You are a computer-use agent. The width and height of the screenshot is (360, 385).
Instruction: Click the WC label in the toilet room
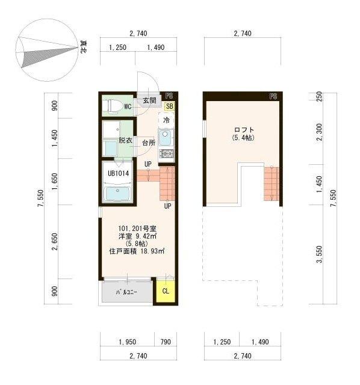coord(128,107)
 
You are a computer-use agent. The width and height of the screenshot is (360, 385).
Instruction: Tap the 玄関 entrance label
coord(150,100)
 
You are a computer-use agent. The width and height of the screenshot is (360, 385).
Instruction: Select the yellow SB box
coord(169,106)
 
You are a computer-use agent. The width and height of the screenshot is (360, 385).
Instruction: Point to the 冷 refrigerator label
coord(166,120)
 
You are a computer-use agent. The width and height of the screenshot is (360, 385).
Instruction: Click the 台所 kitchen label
coord(149,143)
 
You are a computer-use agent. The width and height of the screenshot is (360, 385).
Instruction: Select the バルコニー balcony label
coord(127,292)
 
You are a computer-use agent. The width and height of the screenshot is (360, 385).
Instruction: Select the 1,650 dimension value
coord(55,181)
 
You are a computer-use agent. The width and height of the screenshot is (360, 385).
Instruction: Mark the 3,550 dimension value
coord(320,254)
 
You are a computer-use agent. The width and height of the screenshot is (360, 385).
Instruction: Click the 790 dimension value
coord(166,342)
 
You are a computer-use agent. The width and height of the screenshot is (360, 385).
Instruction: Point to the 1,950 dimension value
coord(126,342)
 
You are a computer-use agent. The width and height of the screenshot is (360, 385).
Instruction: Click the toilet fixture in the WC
coord(111,106)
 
